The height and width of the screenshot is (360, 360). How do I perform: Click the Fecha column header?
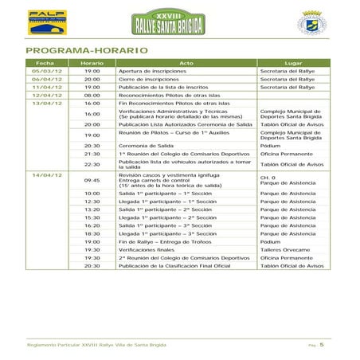[x=45, y=62]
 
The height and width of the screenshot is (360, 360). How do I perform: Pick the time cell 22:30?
[x=92, y=164]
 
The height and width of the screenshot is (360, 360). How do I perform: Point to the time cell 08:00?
[x=92, y=95]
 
